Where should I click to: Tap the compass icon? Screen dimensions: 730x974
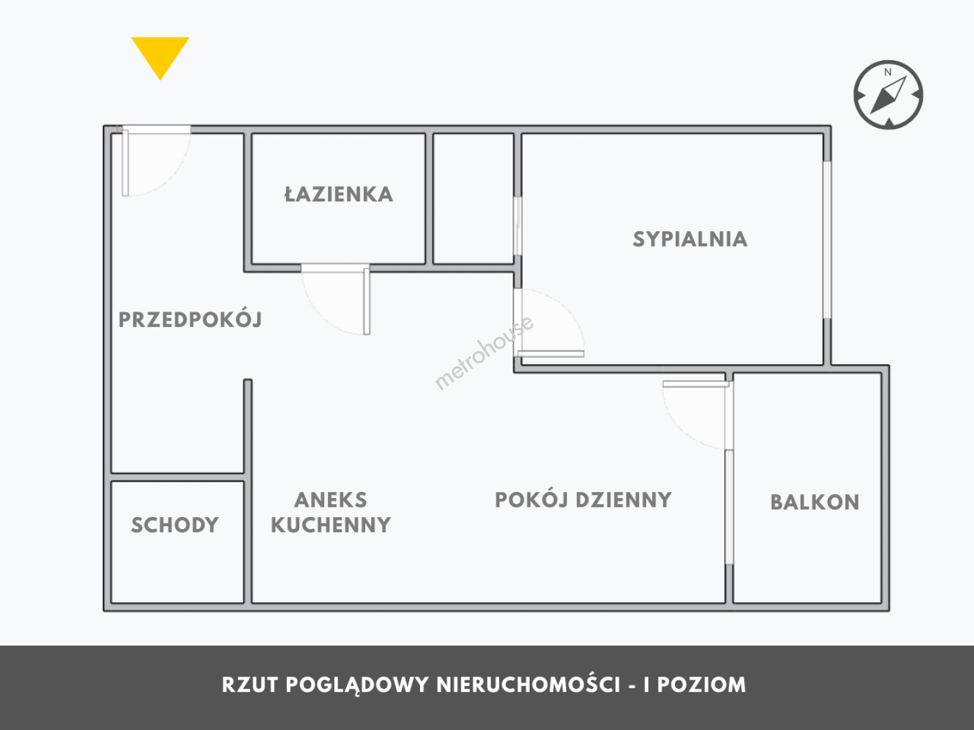click(888, 95)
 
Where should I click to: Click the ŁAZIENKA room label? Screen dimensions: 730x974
click(338, 195)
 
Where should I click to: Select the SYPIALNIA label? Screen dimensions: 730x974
click(690, 239)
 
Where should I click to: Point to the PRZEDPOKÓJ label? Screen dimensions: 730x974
click(190, 320)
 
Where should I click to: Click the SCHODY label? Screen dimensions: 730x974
click(175, 525)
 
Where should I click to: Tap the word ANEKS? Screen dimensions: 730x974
click(331, 500)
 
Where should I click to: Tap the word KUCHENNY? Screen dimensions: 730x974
click(331, 525)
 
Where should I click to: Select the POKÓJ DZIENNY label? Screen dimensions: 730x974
click(583, 500)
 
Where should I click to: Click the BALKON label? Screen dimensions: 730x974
click(814, 502)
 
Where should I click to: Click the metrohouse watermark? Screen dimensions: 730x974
click(484, 353)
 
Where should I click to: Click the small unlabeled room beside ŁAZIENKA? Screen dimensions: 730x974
click(473, 198)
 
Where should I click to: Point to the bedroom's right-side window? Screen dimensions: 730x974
click(827, 240)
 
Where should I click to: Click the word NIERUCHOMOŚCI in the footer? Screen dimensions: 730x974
click(528, 685)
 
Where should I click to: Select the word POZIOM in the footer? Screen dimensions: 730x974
click(701, 685)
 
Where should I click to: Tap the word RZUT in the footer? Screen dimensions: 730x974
click(250, 685)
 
